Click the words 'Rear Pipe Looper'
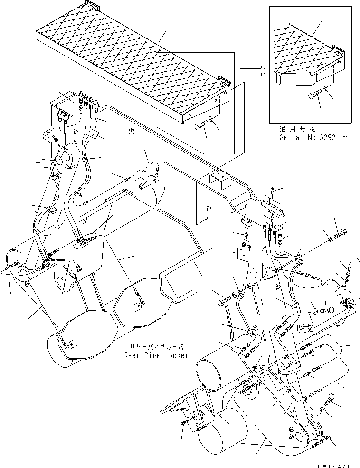click(x=156, y=355)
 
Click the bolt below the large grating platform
click(x=200, y=127)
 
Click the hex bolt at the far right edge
click(x=341, y=234)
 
